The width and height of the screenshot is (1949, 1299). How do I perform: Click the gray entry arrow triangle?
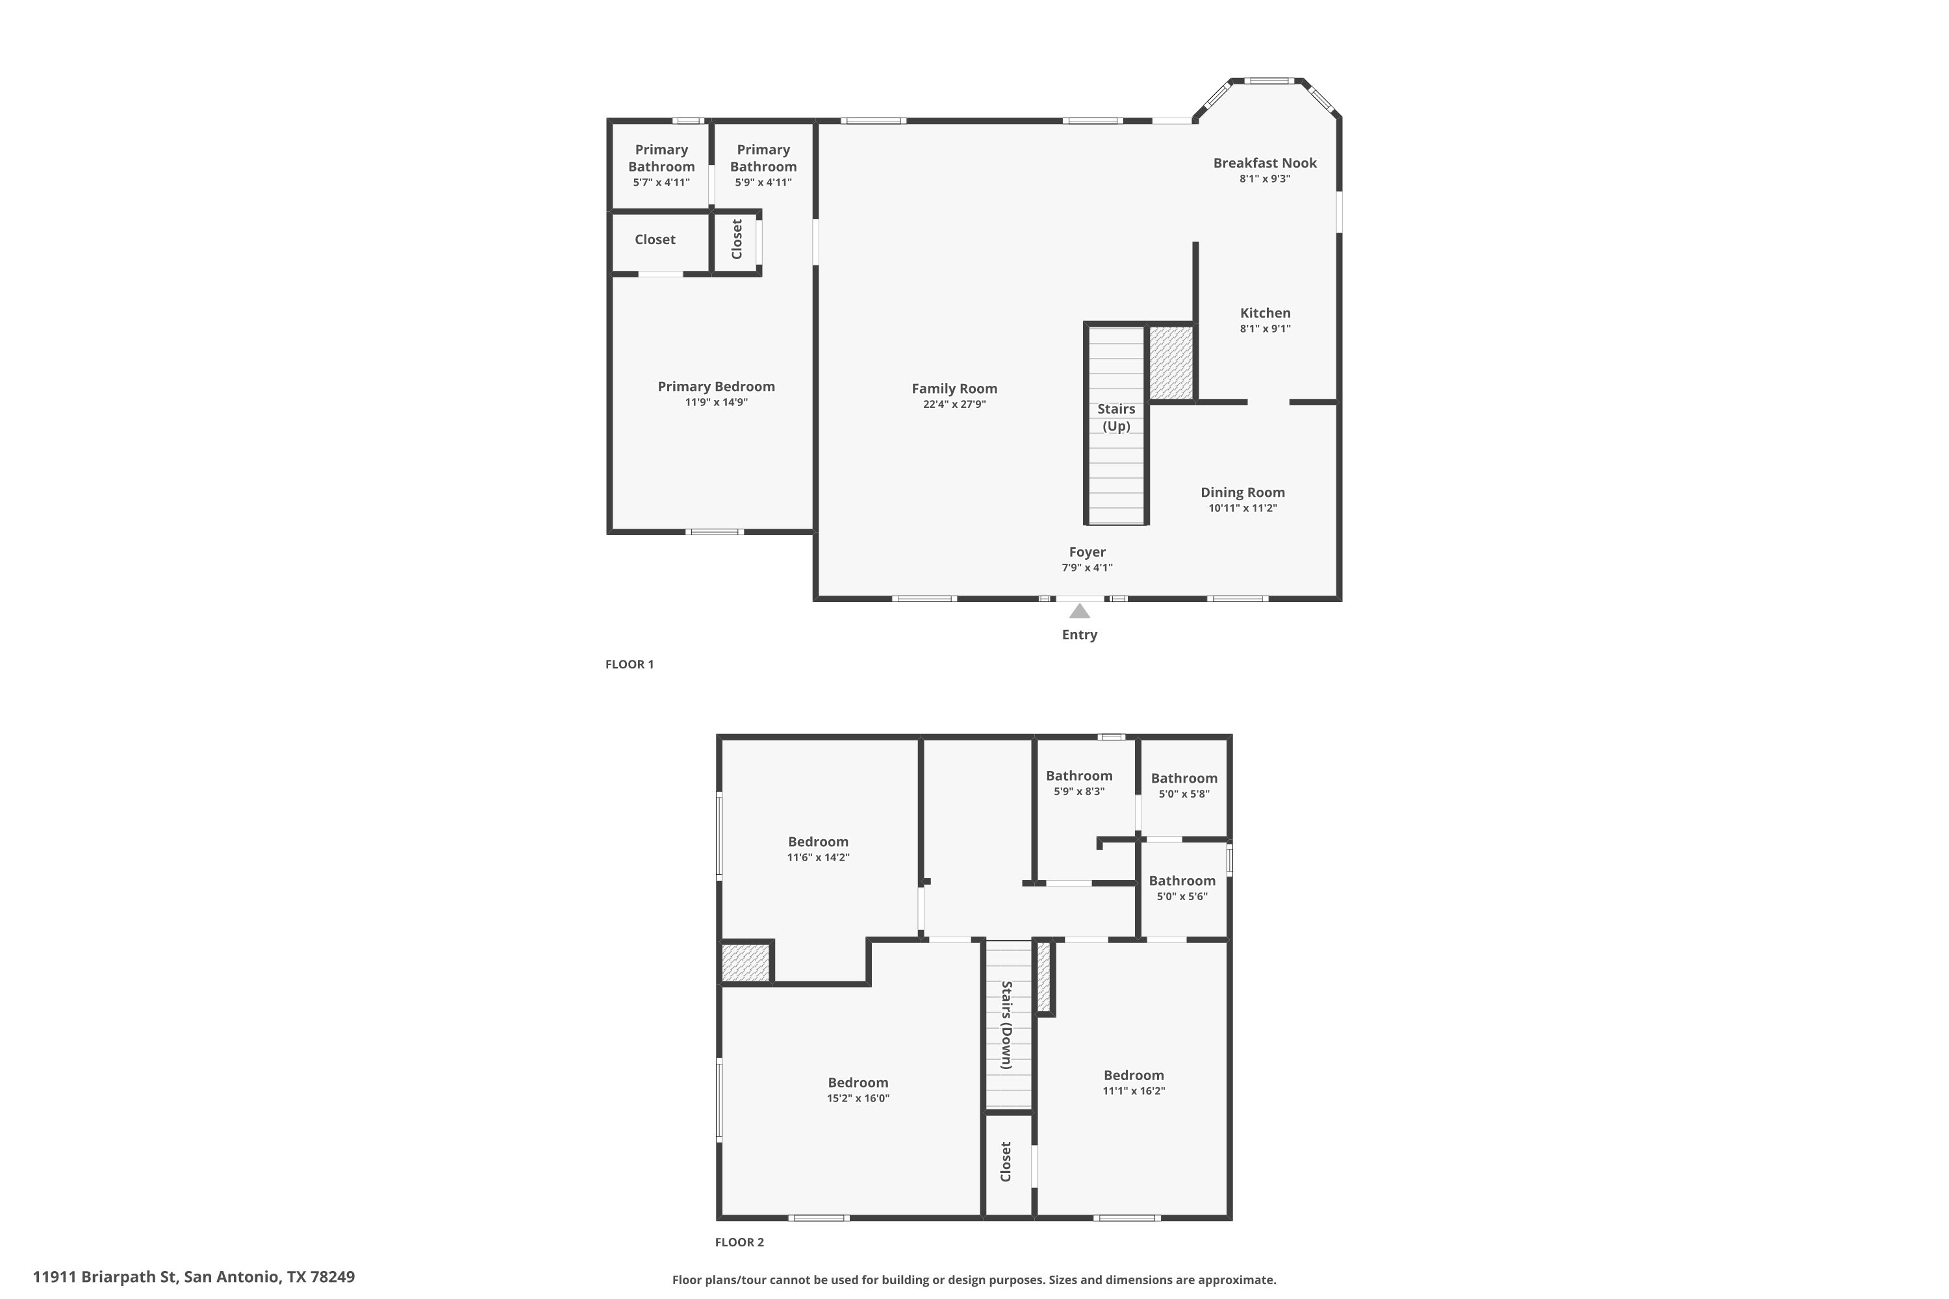pos(1079,611)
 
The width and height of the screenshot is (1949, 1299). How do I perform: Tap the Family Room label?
pos(954,388)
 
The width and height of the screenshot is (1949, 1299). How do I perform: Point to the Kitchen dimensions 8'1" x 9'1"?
pos(1266,328)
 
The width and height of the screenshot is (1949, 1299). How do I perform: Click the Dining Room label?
pos(1243,492)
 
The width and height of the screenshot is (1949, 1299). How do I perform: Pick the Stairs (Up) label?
pos(1116,418)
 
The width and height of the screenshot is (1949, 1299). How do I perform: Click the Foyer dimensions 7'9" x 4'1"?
pos(1087,568)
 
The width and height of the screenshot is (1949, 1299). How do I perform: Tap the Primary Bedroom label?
pos(717,387)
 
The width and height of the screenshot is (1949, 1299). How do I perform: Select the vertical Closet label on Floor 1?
pos(737,240)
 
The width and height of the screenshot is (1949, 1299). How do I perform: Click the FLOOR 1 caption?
pos(630,664)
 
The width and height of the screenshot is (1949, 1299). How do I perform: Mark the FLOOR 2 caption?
pos(739,1242)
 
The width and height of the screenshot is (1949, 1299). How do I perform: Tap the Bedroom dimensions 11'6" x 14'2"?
pos(818,857)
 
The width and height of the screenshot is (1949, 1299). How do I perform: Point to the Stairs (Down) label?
pos(1007,1026)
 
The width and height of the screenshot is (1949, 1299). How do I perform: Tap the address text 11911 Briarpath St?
pos(105,1277)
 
